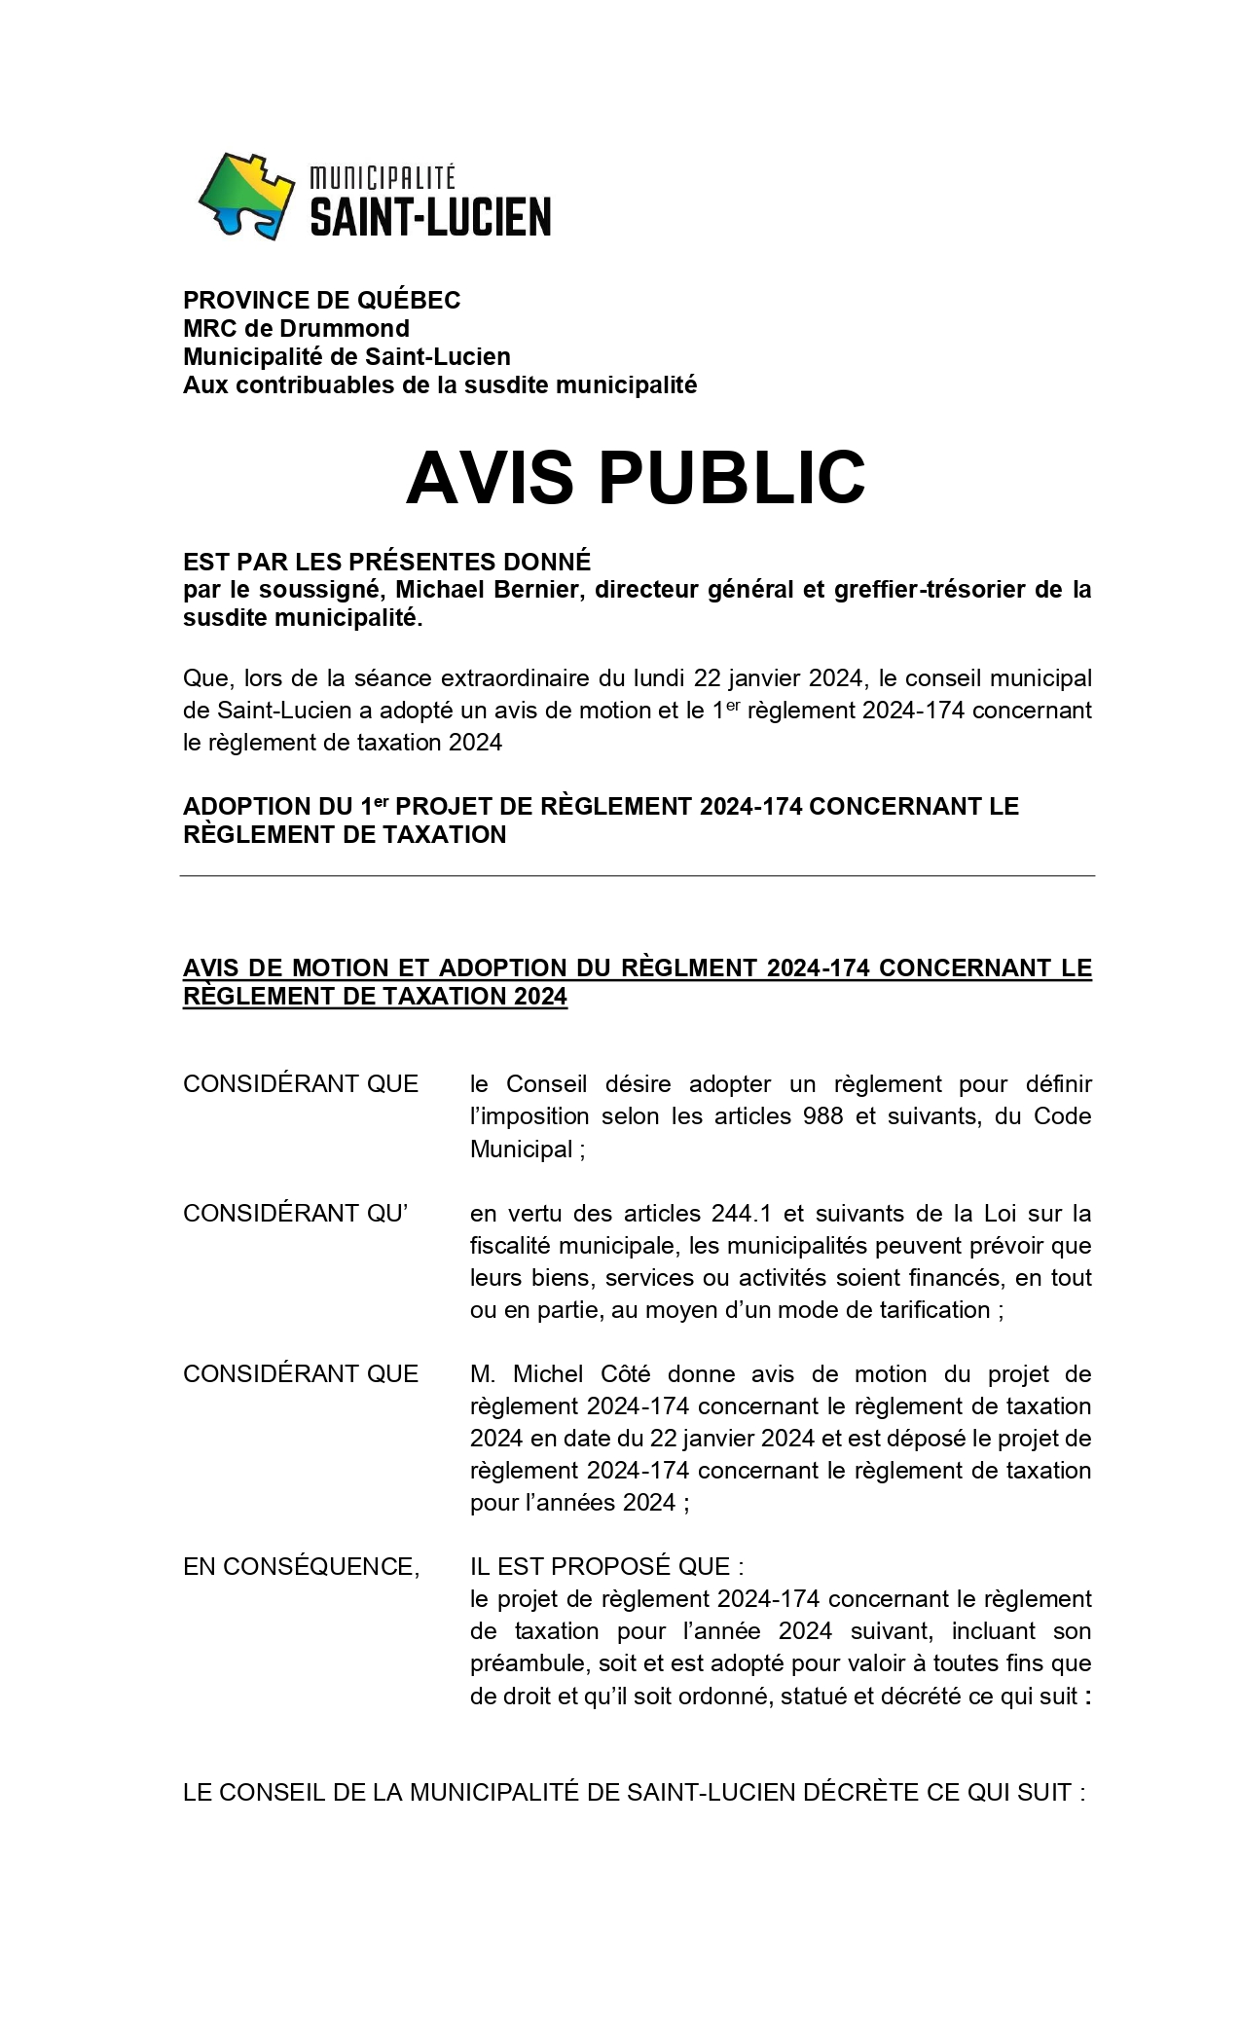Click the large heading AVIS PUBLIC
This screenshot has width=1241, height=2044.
635,477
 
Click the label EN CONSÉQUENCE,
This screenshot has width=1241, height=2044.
301,1566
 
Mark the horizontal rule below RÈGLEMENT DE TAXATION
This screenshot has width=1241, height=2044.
637,875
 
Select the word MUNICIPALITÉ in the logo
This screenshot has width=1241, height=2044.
383,178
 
